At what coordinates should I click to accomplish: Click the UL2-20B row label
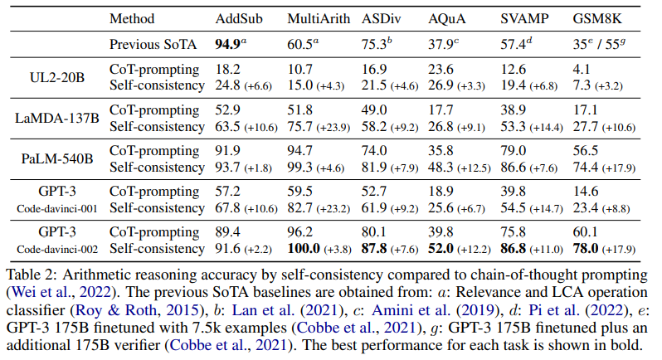click(x=56, y=76)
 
